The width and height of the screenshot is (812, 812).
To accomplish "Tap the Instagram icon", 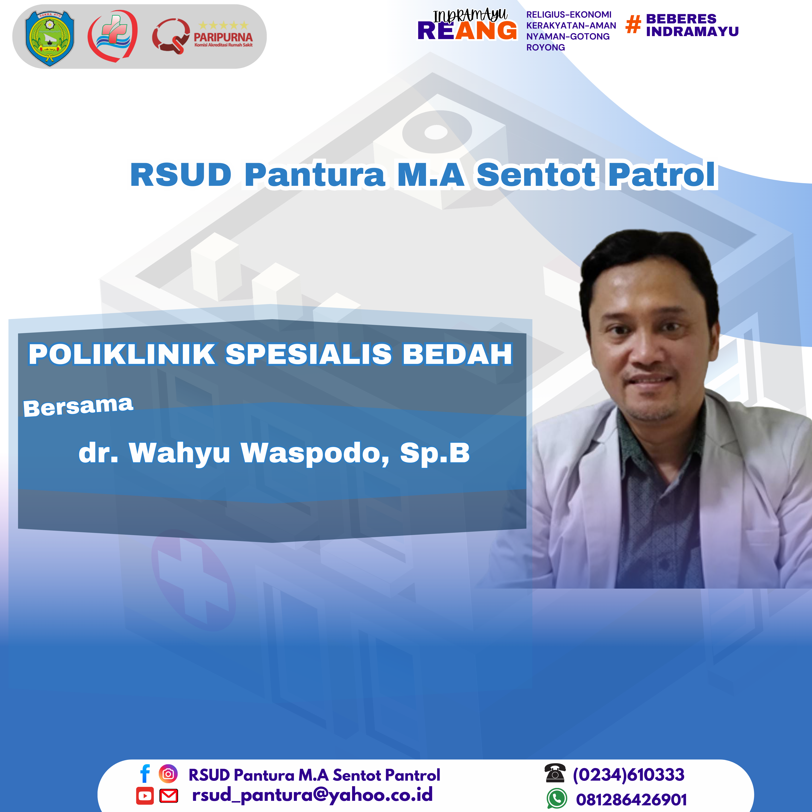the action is [168, 774].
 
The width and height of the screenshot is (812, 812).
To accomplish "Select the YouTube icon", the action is [145, 796].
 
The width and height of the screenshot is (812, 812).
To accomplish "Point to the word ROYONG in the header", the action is [546, 47].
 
